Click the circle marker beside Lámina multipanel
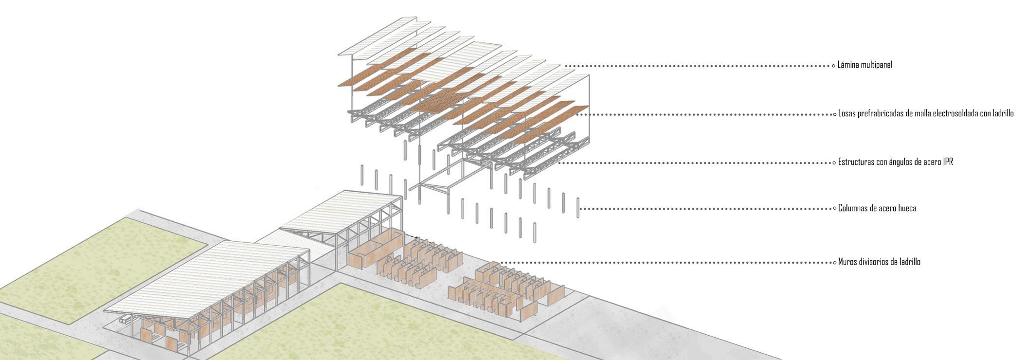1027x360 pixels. [x=833, y=66]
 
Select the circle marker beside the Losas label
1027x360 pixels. [x=833, y=114]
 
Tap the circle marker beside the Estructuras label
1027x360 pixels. [x=833, y=162]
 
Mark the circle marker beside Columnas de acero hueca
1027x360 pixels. [x=833, y=209]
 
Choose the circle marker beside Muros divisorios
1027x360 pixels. [x=833, y=262]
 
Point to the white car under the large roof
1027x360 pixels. [x=126, y=320]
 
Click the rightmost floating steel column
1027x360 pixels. [x=578, y=208]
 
